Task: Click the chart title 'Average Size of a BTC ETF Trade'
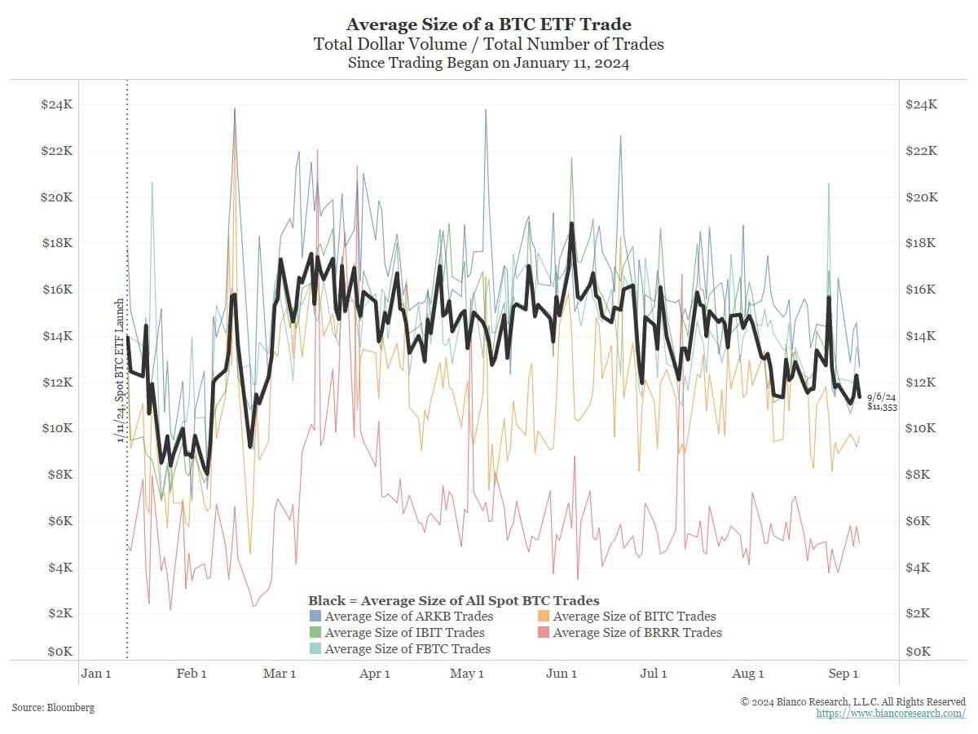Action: coord(489,24)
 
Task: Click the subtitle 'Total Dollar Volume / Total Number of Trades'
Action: coord(489,44)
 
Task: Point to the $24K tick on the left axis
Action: coord(56,105)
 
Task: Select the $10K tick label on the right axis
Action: coord(922,428)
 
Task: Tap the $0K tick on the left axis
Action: coord(59,652)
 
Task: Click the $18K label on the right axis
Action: coord(922,243)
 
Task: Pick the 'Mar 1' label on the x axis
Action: coord(280,674)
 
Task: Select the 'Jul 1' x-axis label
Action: coord(654,674)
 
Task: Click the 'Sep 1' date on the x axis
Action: coord(843,674)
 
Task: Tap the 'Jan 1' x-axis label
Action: coord(96,674)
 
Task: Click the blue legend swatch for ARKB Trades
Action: coord(315,617)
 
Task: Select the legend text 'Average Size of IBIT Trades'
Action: coord(404,633)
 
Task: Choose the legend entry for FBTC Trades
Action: coord(407,649)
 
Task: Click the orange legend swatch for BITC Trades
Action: coord(544,617)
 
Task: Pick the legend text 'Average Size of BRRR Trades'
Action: coord(637,633)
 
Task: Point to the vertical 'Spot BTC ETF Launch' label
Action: coord(120,371)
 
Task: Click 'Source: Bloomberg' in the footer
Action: coord(53,708)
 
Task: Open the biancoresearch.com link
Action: coord(891,714)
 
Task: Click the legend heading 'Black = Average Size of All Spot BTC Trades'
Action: coord(453,601)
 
